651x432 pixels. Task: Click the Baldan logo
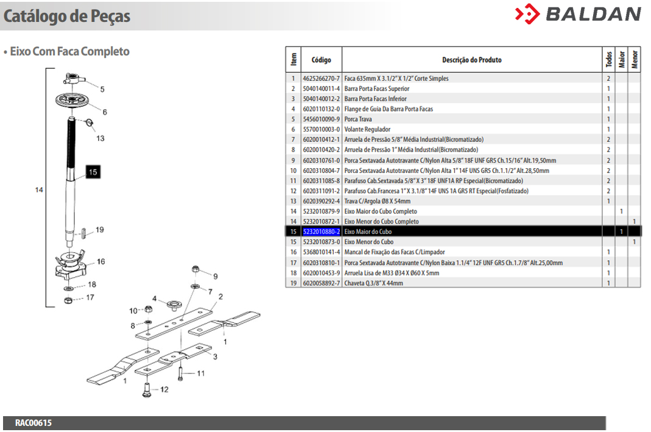click(x=578, y=14)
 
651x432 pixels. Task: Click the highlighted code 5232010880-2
click(x=322, y=232)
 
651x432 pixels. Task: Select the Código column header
click(x=322, y=60)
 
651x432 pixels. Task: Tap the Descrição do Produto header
click(x=471, y=60)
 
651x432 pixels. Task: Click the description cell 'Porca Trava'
click(x=358, y=119)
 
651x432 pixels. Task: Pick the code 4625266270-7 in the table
click(x=322, y=79)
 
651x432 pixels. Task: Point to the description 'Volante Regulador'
click(x=367, y=130)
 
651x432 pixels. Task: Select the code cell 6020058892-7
click(x=322, y=283)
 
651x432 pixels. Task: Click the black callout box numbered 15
click(x=93, y=172)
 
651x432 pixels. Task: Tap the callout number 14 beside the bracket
click(x=39, y=190)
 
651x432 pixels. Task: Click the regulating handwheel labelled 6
click(x=72, y=100)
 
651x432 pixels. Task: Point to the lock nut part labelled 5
click(x=74, y=79)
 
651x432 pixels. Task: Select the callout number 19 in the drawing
click(x=100, y=230)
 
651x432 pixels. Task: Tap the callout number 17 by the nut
click(x=90, y=297)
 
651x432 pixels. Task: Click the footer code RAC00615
click(x=33, y=423)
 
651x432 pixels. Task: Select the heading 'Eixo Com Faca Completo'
click(x=70, y=52)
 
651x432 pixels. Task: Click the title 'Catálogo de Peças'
click(x=67, y=16)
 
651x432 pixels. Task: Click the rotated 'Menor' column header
click(x=635, y=59)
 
